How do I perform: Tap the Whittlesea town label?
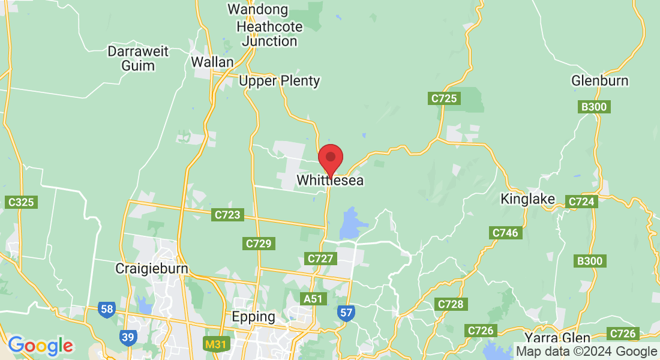click(330, 180)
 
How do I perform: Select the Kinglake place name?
click(528, 199)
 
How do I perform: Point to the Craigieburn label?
click(152, 269)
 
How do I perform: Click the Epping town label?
click(254, 316)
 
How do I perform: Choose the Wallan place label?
click(212, 62)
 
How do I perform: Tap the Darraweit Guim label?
click(138, 58)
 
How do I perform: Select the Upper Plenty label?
click(279, 81)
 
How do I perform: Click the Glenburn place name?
click(599, 81)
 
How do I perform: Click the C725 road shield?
click(444, 98)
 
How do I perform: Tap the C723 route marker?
click(227, 214)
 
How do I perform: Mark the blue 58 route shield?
click(107, 310)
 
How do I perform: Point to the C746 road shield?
click(505, 233)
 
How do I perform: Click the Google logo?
click(40, 346)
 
